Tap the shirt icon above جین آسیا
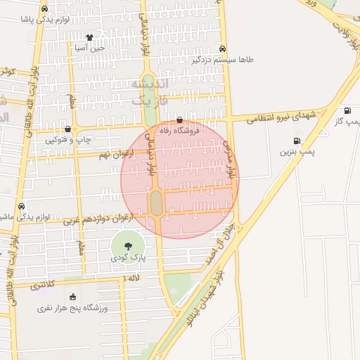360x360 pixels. coord(89,37)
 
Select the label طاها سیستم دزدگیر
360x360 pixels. coord(223,60)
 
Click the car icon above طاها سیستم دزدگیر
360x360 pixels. coord(223,49)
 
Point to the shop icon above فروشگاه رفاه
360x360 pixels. coord(181,120)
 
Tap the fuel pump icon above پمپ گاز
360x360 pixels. coord(347,110)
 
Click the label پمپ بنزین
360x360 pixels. coord(297,151)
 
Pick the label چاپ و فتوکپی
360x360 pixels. coord(68,140)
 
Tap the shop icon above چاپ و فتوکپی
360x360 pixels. coord(67,129)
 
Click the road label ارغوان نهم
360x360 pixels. coord(116,153)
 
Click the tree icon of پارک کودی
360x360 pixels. coord(127,245)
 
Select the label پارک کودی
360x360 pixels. coord(128,258)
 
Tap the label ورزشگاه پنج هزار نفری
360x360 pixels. coord(74,309)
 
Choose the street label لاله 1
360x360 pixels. coord(131,279)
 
